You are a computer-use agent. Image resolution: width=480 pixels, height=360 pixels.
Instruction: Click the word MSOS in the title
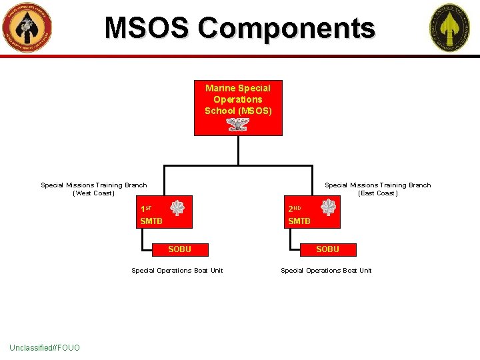click(148, 28)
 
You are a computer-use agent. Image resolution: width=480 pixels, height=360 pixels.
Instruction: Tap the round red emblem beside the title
click(27, 28)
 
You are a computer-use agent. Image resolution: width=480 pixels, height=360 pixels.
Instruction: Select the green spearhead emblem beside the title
click(449, 28)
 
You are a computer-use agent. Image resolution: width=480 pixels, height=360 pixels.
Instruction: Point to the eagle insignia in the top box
click(237, 124)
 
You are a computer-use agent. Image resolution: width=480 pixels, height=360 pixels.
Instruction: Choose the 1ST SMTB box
click(164, 212)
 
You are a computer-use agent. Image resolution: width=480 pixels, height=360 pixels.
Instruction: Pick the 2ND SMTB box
click(312, 212)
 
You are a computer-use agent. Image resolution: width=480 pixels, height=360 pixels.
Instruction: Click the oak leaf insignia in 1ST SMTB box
click(177, 208)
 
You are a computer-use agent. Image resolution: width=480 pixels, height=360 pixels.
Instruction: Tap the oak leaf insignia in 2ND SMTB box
click(329, 208)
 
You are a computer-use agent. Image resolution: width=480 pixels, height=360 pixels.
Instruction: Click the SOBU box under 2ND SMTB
click(327, 249)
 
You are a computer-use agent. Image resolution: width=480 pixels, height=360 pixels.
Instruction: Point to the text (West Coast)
click(93, 193)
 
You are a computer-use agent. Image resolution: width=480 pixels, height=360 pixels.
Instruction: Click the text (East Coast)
click(377, 193)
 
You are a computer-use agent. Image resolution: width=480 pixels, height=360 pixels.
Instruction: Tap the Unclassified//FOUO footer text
click(45, 347)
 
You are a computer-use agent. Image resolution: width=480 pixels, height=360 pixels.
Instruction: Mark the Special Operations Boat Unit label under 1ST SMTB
click(177, 270)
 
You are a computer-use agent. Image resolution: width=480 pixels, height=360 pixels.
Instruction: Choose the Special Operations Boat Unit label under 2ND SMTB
click(326, 270)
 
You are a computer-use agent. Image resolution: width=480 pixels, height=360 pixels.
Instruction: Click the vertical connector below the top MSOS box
click(238, 150)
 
